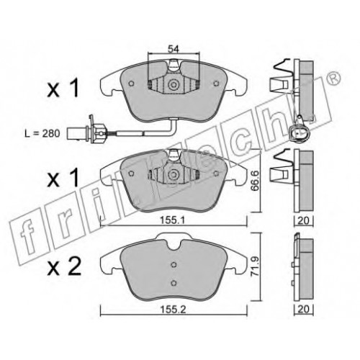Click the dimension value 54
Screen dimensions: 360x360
(174, 49)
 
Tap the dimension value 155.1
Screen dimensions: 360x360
(173, 220)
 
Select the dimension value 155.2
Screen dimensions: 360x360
(173, 310)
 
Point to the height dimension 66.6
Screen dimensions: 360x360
(255, 181)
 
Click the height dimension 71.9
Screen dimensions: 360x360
(255, 266)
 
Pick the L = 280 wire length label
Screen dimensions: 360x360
(42, 133)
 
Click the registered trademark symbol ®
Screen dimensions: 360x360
(333, 79)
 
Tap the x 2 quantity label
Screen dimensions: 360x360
(64, 267)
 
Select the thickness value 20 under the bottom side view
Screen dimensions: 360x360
(303, 309)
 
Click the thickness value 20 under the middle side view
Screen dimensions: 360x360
(303, 220)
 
